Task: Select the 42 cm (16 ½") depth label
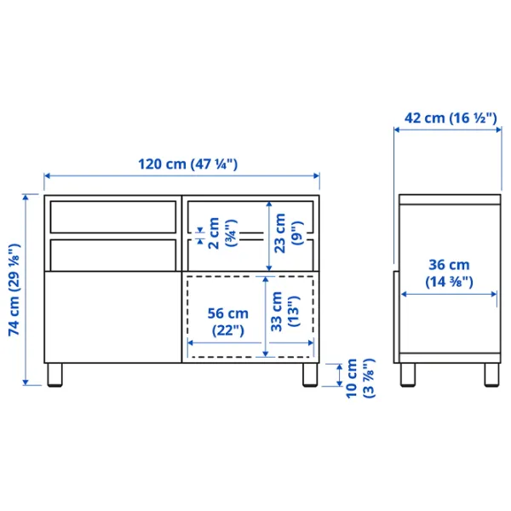click(450, 118)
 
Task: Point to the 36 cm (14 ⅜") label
click(449, 273)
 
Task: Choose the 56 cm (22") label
click(227, 321)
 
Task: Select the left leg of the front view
click(55, 375)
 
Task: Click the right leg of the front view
click(307, 375)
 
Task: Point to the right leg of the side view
click(491, 375)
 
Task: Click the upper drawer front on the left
click(112, 216)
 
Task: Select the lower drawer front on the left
click(112, 253)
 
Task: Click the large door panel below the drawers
click(112, 315)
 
